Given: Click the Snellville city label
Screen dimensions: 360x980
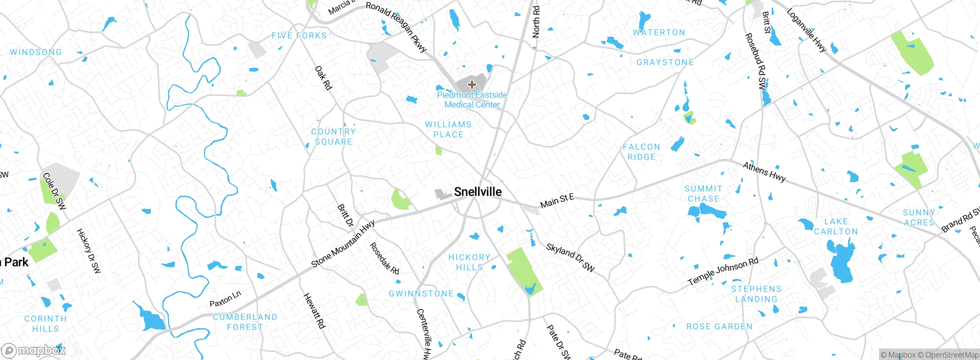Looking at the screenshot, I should pos(477,191).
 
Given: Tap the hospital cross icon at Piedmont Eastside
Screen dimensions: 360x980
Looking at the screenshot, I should pos(472,85).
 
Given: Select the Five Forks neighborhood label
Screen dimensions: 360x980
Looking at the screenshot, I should pos(299,36).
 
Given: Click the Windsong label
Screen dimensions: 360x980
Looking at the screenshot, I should pos(36,52).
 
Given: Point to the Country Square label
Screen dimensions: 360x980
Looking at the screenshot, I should pos(333,137).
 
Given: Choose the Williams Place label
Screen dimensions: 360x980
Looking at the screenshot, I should pos(448,129).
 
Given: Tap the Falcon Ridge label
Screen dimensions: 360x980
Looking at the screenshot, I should pos(641,152).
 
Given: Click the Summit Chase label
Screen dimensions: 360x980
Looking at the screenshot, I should pos(704,194).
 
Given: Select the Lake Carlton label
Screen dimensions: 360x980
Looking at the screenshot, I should pos(836,227).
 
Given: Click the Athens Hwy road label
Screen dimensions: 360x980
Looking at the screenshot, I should pos(764,172).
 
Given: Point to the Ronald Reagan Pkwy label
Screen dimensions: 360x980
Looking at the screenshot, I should pos(396,27).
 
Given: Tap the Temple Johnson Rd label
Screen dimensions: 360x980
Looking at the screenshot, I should pos(723,272).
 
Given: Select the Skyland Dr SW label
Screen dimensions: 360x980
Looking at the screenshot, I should pos(570,258).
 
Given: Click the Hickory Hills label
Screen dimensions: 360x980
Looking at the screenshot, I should pos(469,262).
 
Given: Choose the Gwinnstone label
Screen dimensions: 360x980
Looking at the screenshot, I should pos(421,294).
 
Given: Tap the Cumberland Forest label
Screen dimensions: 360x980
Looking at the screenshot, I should pos(245,322).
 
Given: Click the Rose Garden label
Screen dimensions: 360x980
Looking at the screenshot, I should pos(719,327).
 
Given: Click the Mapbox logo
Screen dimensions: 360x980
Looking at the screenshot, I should pos(34,350).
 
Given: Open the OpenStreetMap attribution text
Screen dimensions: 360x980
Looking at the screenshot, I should pos(952,355).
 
